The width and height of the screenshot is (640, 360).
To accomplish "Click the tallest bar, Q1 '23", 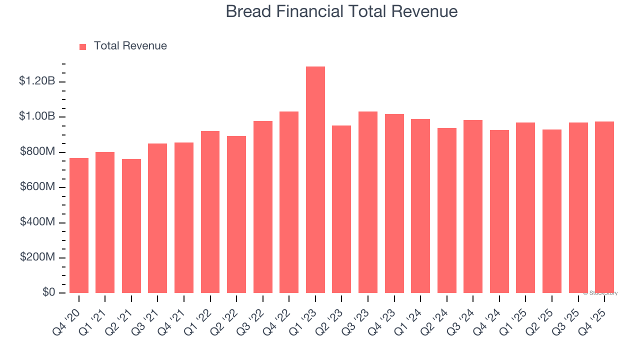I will [x=315, y=180].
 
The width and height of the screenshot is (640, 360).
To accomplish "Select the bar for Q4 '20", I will [x=79, y=225].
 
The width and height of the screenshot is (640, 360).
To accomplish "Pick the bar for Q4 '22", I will [x=289, y=202].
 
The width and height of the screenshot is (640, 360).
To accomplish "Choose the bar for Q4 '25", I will [x=604, y=207].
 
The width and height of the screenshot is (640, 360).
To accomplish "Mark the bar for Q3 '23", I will [x=368, y=202].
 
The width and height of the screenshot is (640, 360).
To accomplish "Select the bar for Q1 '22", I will [x=210, y=212].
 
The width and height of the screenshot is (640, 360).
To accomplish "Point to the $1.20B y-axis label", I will [x=36, y=81].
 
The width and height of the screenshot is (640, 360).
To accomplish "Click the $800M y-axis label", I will [x=36, y=151].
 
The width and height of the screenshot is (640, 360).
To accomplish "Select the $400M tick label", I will [x=36, y=222].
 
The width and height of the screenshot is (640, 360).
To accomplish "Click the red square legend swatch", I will [x=83, y=46].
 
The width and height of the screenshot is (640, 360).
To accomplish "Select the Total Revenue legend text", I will [x=130, y=46].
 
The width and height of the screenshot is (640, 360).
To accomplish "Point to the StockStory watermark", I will [x=600, y=293].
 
